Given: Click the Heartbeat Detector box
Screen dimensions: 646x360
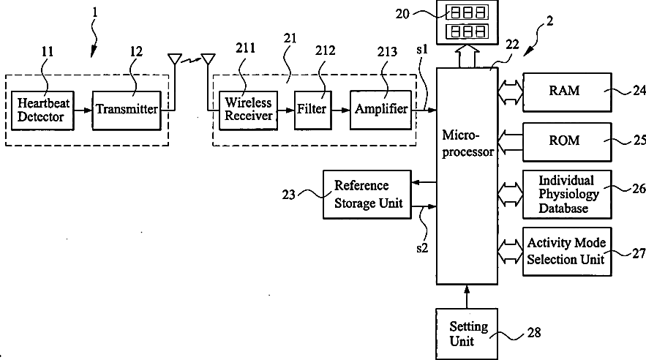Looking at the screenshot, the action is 42,110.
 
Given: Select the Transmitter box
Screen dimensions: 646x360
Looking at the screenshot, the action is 127,110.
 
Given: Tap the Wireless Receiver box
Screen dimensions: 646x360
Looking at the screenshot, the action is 248,110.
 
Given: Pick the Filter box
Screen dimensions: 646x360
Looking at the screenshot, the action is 312,110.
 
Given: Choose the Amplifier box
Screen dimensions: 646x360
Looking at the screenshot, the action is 380,110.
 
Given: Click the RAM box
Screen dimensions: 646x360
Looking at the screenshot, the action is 567,92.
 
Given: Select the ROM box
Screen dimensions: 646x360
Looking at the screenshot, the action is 567,142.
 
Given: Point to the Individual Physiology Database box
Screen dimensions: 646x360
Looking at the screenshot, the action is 567,194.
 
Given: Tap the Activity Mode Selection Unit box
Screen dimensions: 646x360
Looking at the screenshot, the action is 567,251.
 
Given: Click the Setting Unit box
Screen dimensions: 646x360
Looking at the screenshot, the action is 467,334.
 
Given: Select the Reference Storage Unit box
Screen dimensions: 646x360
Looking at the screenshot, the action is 367,195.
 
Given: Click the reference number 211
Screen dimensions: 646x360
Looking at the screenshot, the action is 246,48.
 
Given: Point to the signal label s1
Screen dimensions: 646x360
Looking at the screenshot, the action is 422,50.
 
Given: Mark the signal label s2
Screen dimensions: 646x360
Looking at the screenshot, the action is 422,248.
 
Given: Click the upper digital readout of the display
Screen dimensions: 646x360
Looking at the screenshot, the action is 467,12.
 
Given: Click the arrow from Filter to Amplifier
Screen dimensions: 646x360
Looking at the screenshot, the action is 341,110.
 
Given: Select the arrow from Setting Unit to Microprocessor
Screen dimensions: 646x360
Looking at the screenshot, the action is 467,296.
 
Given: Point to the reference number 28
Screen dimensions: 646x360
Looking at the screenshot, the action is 534,332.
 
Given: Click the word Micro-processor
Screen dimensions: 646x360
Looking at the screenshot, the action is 468,143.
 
